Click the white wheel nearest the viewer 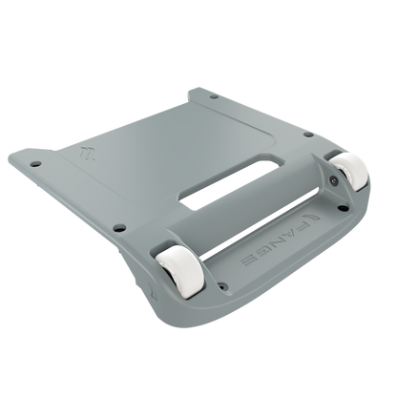179,271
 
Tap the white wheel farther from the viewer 349,171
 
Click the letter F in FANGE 301,226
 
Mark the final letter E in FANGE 249,260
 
